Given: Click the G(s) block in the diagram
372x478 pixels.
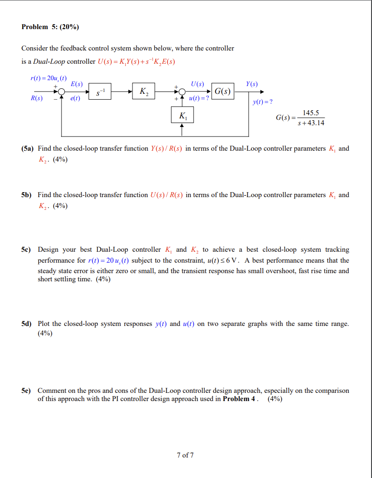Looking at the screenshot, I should point(222,92).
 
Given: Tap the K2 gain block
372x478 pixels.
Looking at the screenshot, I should point(144,92).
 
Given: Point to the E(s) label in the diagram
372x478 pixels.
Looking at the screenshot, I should point(76,84).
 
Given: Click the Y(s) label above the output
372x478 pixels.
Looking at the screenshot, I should point(252,84).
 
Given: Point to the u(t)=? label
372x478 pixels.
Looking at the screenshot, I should point(199,98).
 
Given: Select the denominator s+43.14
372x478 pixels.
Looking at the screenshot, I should point(311,122).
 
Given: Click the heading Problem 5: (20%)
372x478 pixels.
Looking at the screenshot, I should point(50,27).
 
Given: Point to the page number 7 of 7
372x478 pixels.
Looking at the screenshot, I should point(185,455).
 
